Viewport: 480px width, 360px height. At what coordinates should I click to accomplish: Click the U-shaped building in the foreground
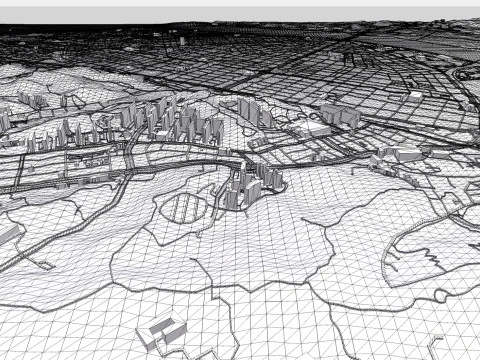(x=161, y=332)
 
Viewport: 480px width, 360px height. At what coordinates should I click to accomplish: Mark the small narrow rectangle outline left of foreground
(x=44, y=265)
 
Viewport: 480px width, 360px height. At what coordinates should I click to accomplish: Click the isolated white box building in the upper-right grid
(x=415, y=95)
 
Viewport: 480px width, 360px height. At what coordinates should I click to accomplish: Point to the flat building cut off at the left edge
(x=8, y=234)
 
